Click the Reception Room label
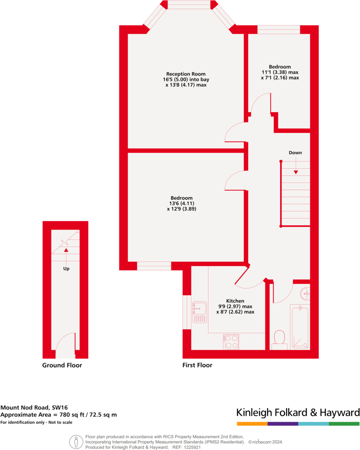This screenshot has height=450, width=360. point(186,74)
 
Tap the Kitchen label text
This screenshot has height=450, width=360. point(235,301)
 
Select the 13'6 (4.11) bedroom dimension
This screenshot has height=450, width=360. point(181,203)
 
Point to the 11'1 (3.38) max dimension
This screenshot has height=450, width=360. point(280,72)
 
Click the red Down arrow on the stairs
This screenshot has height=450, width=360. point(296,172)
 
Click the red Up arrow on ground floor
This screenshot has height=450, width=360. point(66,250)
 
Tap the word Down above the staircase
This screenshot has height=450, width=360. point(295,153)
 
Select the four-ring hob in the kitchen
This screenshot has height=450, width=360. point(231,342)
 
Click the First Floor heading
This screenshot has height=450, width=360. point(197,365)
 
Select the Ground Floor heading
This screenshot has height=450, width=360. point(62,365)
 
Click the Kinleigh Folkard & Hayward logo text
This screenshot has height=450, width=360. point(298,413)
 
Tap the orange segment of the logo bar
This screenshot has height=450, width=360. point(252,424)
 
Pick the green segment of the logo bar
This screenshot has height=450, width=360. point(344,424)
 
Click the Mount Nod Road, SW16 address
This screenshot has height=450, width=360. point(34,407)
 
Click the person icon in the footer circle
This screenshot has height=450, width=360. point(76,441)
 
